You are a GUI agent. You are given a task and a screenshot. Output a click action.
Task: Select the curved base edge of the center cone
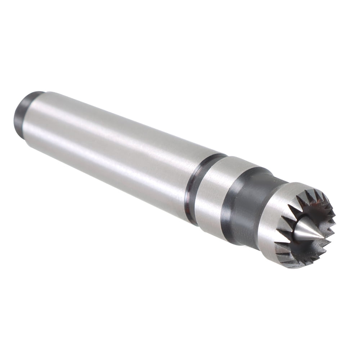click(296, 234)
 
